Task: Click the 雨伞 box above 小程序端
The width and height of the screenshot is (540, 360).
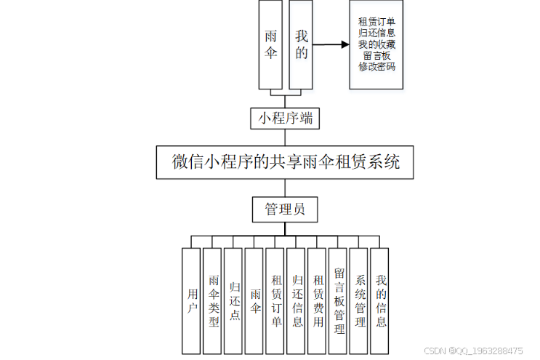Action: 271,44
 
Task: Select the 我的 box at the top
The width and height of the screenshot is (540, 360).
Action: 301,44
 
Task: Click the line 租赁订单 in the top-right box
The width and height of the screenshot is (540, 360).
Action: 376,21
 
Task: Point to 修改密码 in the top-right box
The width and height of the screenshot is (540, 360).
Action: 376,67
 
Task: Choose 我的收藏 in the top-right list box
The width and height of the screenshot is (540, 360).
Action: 376,44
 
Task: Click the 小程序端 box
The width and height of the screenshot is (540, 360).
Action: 285,118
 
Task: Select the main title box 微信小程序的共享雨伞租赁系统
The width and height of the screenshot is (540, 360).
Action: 286,162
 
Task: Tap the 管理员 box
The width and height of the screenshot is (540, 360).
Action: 285,209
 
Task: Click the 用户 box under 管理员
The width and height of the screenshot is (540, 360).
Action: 191,300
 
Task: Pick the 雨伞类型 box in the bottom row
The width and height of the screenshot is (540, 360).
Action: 212,300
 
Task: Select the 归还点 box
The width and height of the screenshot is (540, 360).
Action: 233,300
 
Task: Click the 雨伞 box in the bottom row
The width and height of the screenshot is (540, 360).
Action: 254,300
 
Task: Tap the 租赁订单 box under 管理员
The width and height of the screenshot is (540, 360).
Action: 275,300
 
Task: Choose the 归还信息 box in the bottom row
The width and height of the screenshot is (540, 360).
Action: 297,300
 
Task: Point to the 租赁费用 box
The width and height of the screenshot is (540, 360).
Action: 318,300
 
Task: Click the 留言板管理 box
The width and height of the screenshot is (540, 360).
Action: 339,300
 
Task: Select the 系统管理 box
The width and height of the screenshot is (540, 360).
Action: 360,300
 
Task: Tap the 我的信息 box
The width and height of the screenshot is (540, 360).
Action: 380,300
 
